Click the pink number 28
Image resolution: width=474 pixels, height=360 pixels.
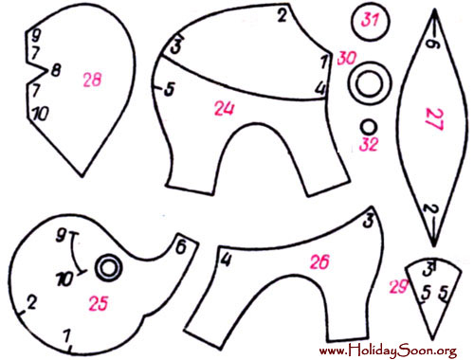point(92,80)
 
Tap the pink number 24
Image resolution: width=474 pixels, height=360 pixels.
point(225,108)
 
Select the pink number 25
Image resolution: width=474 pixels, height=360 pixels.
point(99,303)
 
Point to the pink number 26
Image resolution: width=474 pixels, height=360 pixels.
point(319,261)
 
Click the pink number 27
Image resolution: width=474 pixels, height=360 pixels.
point(434,119)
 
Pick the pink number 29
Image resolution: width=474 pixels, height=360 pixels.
point(399,287)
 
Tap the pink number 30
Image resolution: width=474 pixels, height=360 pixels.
point(347,59)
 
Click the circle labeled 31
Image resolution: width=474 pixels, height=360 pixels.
point(371,21)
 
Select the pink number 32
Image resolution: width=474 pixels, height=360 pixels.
point(369,144)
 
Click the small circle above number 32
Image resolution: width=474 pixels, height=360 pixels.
point(369,127)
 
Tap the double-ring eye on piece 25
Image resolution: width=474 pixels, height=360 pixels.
point(109,268)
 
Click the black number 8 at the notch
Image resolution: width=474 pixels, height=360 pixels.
point(56,70)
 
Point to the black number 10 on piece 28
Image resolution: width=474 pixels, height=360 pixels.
point(42,114)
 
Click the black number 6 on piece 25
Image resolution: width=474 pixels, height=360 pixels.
point(181,247)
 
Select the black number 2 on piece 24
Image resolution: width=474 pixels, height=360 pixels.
point(283,15)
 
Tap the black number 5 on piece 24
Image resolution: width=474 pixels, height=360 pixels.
point(170,89)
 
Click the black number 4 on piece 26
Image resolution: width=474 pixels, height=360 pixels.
point(226,261)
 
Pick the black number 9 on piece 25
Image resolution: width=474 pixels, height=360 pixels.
point(61,235)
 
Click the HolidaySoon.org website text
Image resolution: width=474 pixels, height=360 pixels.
point(388,350)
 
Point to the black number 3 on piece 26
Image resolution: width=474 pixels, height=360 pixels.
point(368,221)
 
